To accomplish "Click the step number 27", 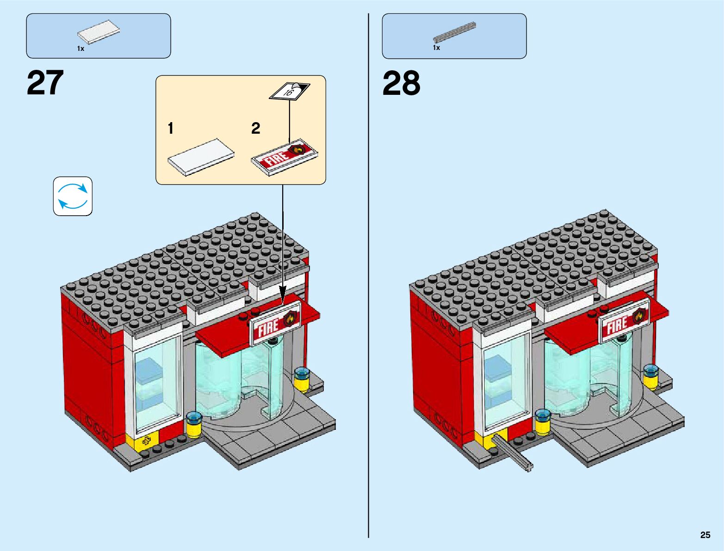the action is (45, 83).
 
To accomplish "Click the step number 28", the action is (401, 84).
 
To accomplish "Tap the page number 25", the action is (705, 535).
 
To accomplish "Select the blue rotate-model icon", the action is (73, 196).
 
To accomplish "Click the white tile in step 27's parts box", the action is (99, 32).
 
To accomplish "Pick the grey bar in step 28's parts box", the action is (454, 31).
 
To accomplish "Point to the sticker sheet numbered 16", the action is (290, 91).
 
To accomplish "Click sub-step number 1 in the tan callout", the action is (171, 128).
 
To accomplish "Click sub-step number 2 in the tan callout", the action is (255, 128).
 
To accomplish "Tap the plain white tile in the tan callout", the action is (201, 157).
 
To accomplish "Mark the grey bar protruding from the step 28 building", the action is (513, 452).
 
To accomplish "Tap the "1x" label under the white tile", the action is (80, 49).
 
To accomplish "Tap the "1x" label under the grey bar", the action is (436, 48).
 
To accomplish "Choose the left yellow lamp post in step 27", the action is (194, 425).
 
